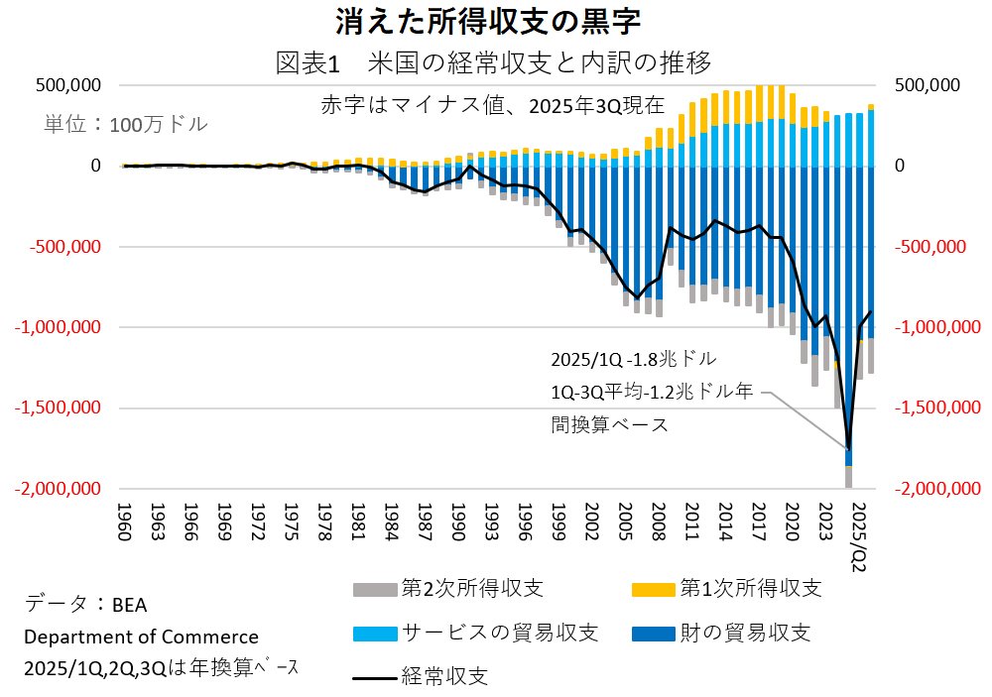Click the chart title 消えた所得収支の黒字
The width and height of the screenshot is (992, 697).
coord(496,21)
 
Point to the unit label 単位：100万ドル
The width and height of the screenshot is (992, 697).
coord(126,125)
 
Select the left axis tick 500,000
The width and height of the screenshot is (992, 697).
coord(67,85)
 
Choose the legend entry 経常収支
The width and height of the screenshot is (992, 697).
coord(444,677)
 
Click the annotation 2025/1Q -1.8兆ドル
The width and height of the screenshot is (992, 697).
coord(632,357)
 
